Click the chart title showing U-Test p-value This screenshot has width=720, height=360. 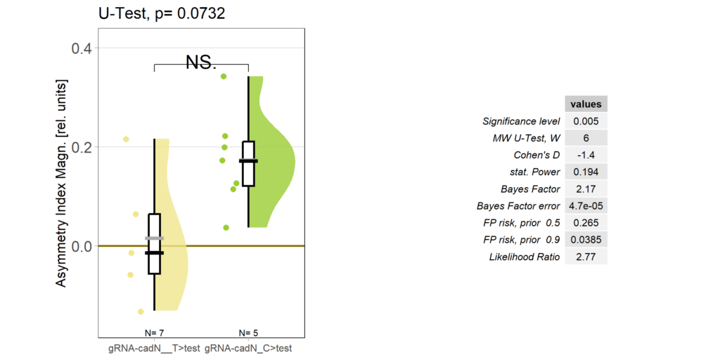pos(162,14)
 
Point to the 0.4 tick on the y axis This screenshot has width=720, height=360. pos(83,48)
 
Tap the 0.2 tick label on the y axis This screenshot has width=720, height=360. pos(83,147)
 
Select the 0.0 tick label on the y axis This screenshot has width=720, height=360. pos(83,246)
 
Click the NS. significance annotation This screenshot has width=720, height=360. pos(201,63)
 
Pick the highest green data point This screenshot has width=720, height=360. pos(224,76)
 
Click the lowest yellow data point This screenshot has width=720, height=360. pos(141,311)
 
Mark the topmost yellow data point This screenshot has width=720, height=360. pos(127,139)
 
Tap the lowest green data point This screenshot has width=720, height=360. pos(226,227)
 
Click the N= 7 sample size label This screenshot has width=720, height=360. pos(154,332)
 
